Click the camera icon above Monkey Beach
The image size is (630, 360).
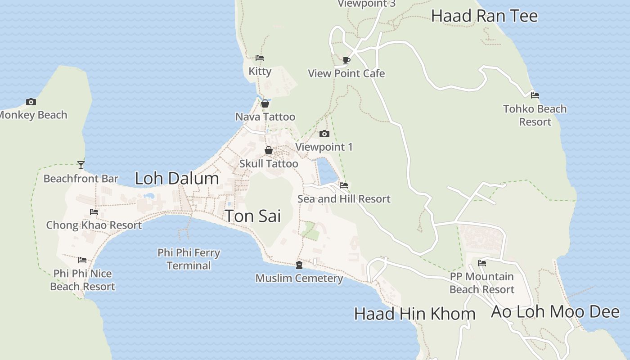tap(31, 102)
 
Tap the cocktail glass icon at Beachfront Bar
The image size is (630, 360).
tap(81, 165)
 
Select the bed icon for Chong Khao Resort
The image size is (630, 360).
tap(94, 211)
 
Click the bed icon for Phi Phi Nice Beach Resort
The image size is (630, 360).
tap(82, 260)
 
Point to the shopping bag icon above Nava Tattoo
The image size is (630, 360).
tap(265, 103)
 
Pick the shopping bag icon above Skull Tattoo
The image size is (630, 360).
tap(269, 150)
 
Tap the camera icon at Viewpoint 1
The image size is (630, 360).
tap(324, 134)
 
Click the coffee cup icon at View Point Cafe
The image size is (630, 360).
tap(346, 60)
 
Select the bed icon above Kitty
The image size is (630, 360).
tap(259, 58)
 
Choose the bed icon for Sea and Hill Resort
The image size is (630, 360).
tap(344, 185)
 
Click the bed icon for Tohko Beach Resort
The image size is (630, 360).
tap(535, 95)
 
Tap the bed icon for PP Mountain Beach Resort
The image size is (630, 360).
tap(482, 263)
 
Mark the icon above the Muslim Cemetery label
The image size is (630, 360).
tap(299, 265)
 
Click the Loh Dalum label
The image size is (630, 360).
tap(177, 179)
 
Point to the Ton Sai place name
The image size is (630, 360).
tap(252, 216)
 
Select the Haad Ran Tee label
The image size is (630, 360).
tap(484, 16)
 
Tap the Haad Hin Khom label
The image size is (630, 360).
tap(414, 314)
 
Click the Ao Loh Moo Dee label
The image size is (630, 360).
tap(555, 311)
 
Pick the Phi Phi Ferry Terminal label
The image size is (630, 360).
tap(189, 259)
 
